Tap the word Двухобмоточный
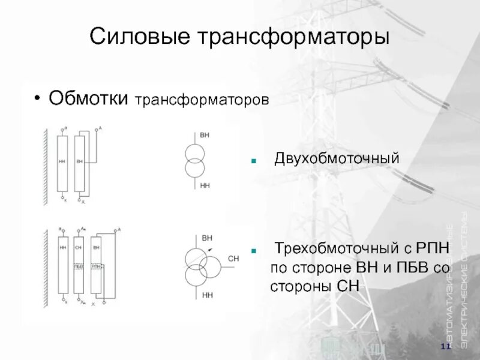[337, 160]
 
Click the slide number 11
[445, 347]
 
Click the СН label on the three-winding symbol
[233, 259]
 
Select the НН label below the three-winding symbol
[208, 295]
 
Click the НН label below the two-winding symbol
[205, 186]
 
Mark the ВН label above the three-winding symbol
[208, 238]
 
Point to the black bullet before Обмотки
[38, 98]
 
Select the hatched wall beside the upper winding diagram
[45, 165]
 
